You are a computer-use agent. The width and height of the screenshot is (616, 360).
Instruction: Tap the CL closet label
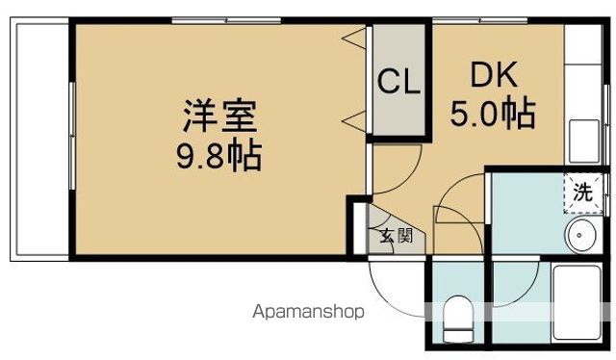[x=398, y=81]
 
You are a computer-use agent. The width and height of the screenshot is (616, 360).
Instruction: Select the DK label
[x=494, y=76]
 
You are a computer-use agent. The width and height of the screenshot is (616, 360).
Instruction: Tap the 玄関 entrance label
[x=394, y=235]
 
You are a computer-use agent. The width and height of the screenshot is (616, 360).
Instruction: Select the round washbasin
[x=580, y=233]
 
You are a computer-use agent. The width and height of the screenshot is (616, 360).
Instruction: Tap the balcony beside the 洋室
[x=39, y=141]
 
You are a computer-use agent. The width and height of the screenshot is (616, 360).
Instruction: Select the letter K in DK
[x=507, y=76]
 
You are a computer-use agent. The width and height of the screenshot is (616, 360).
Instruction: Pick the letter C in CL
[x=388, y=81]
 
